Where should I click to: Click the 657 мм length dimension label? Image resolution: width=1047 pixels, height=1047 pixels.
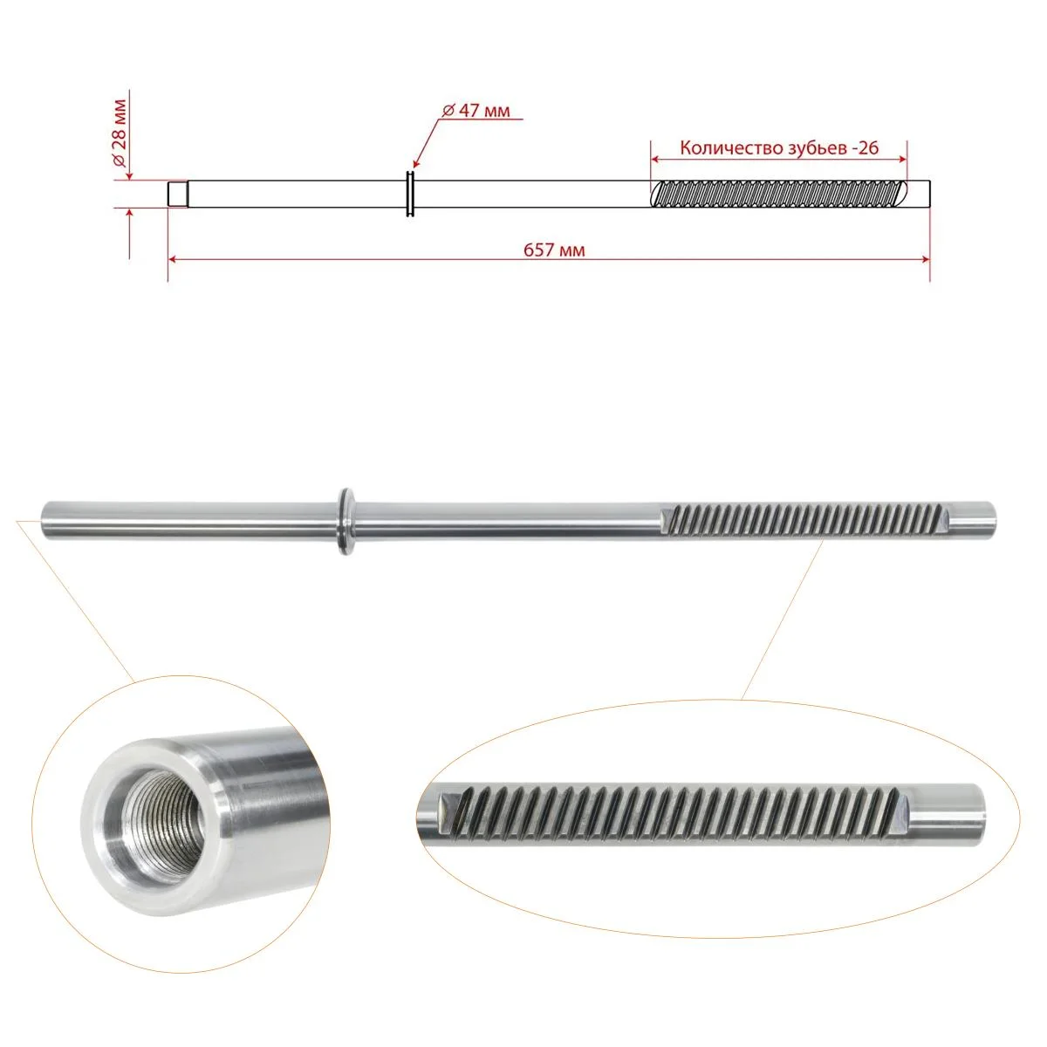click(x=554, y=250)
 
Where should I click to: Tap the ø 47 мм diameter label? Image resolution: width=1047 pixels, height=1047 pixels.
click(x=476, y=110)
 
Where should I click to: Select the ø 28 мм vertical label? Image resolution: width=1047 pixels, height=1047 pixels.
click(x=119, y=133)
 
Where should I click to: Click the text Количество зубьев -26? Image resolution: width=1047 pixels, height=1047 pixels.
click(x=779, y=147)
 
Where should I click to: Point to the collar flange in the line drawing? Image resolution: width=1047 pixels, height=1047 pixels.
click(x=410, y=194)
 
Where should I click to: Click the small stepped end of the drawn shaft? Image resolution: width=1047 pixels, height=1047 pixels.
click(x=178, y=194)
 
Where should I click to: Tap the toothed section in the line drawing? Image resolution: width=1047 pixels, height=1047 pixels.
click(x=779, y=194)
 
